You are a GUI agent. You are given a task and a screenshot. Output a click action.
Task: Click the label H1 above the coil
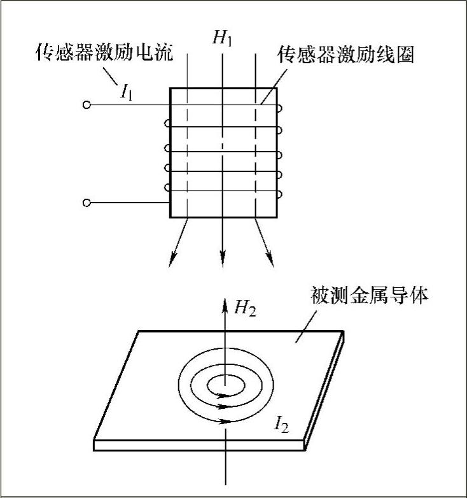coord(223,39)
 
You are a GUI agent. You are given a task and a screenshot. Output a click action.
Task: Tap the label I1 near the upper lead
coord(127,93)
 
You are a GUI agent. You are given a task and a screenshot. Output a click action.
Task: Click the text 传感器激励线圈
coord(347,55)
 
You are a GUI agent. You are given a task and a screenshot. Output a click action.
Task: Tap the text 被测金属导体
coord(370,297)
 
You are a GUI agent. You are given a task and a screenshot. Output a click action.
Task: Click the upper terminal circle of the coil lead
coord(87,105)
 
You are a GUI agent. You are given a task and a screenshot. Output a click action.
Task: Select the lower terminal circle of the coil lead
coord(87,203)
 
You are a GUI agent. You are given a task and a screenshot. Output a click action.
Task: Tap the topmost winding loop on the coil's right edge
coord(278,109)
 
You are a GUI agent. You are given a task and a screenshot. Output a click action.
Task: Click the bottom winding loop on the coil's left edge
coord(167,187)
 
